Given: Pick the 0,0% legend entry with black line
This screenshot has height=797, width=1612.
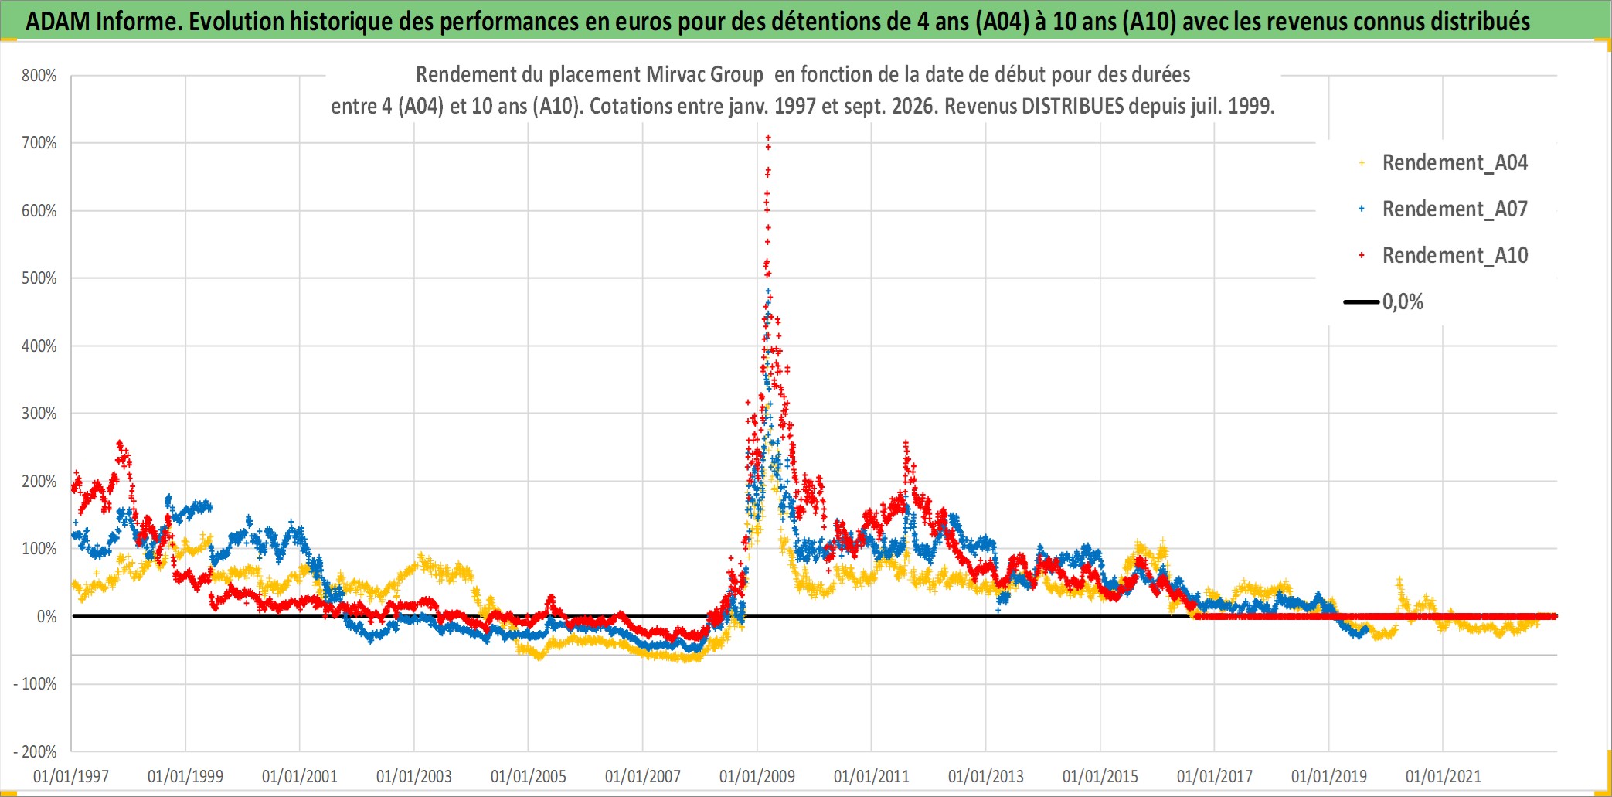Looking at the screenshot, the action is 1383,301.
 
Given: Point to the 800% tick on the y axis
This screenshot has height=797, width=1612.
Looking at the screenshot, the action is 39,76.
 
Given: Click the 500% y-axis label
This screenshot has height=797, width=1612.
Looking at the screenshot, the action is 39,278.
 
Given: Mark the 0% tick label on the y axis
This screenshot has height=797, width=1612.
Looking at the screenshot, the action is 46,617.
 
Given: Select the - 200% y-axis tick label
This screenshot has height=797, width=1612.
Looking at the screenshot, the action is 36,751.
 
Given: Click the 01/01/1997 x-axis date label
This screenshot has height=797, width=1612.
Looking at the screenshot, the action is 71,776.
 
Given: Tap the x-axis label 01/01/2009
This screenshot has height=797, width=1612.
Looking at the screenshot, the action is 757,776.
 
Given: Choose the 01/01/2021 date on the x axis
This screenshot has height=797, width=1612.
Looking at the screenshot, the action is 1444,776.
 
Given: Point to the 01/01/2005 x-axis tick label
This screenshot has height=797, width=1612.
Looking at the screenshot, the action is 529,776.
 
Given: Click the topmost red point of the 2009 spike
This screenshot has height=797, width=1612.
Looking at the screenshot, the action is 768,138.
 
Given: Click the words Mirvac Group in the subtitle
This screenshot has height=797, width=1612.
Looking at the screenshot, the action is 705,75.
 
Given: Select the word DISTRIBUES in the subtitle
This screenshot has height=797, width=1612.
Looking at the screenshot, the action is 1073,106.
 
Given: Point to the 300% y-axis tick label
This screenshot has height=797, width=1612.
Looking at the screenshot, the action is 39,414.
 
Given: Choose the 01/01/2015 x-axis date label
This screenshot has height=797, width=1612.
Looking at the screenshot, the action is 1100,776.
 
